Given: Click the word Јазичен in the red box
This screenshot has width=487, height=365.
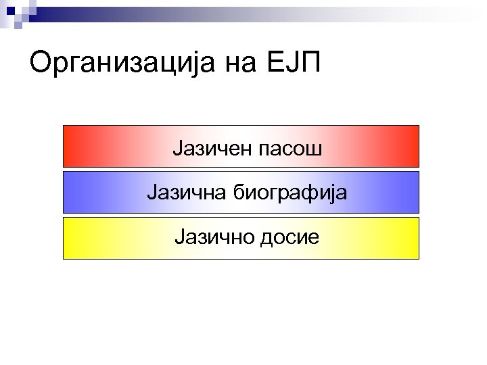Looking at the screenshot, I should click(211, 147).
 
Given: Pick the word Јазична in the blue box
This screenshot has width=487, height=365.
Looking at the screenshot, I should click(185, 193).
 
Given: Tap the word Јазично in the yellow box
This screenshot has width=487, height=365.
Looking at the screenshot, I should click(211, 239).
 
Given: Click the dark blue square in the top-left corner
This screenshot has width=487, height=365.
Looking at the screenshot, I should click(10, 10).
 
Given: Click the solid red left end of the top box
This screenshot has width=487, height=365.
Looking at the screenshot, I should click(71, 147).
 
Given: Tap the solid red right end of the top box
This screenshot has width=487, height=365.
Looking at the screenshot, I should click(411, 147).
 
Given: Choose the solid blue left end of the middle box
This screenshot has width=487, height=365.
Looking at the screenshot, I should click(71, 193).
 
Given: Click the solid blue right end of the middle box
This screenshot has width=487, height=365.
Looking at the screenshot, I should click(411, 193).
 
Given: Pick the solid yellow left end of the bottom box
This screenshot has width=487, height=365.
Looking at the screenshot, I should click(71, 239).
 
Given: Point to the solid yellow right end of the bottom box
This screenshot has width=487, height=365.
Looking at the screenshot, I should click(411, 239).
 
